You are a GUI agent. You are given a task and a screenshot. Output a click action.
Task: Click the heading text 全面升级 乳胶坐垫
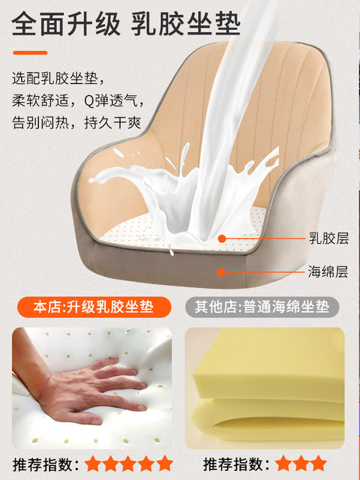coord(126,23)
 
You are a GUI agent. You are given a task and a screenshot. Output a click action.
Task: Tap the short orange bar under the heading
coord(30,52)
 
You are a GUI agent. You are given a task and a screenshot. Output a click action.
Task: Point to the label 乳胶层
coord(328,238)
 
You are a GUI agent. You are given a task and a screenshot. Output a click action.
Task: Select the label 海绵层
coord(328,271)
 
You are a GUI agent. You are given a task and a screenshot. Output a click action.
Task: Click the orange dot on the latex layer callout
coord(222,238)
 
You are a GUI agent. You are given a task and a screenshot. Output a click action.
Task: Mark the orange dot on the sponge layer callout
coord(221,271)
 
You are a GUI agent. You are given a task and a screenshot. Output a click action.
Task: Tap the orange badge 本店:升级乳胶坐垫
coord(94,307)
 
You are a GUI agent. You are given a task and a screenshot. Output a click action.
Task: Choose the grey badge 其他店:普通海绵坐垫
coord(262,307)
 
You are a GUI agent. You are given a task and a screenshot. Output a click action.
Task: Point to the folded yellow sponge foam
coord(268,388)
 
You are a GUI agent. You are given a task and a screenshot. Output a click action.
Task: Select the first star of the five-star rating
coord(92,463)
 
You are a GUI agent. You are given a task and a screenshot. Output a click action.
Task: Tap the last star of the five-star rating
coord(165,463)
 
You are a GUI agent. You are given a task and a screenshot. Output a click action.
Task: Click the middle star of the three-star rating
coord(301,463)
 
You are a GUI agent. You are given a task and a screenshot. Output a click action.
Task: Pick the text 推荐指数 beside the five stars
coord(43,464)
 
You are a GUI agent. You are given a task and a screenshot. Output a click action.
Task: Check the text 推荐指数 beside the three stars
coord(234,464)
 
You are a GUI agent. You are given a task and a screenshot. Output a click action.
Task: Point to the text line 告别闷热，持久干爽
coord(76,123)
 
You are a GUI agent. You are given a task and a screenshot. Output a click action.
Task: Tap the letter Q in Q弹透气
coord(89,101)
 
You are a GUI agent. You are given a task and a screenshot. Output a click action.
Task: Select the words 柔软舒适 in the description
coord(40,100)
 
